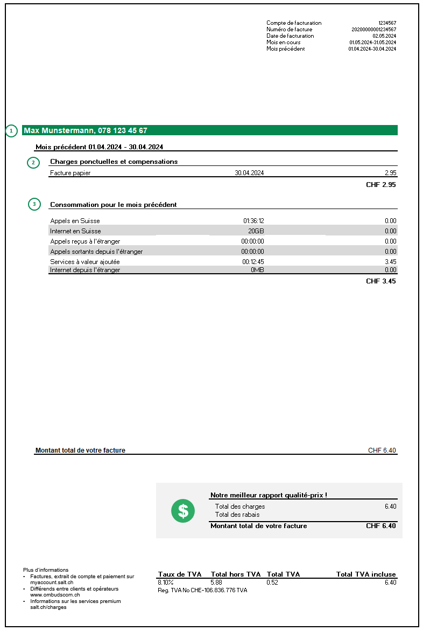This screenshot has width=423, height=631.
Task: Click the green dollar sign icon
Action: coord(183,510)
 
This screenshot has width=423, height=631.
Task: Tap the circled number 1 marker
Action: coord(12,131)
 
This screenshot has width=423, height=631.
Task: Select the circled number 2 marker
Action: coord(33,162)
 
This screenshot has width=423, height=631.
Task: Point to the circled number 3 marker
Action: coord(33,205)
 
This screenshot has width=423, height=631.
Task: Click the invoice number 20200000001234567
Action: coord(373,30)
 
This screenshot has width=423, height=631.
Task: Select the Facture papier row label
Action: coord(70,173)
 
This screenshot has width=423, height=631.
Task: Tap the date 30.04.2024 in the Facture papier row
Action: coord(249,173)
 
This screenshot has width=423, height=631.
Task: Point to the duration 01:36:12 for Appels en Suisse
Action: coord(253,221)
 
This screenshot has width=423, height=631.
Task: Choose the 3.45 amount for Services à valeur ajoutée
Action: coord(390,262)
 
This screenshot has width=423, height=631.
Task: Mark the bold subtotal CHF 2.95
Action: coord(381,185)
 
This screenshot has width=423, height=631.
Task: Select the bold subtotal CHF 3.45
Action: coord(381,281)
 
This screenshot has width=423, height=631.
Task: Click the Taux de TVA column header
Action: coord(179,574)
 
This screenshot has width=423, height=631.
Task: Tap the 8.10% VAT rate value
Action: coord(166,583)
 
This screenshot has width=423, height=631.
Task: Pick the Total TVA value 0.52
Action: coord(273,583)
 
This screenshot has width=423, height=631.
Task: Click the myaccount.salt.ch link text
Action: coord(52,583)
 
